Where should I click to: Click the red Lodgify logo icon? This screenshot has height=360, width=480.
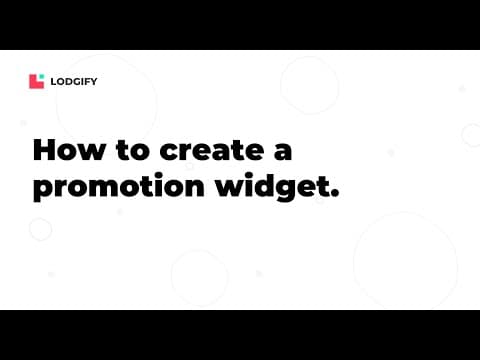(x=37, y=82)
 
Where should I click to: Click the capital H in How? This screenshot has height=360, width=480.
(x=45, y=151)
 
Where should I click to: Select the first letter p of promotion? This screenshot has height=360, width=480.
(x=43, y=190)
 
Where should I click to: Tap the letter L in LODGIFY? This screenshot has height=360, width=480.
(x=54, y=82)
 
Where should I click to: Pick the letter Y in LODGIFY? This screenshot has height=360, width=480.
(x=94, y=82)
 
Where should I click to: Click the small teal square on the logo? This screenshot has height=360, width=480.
(x=42, y=77)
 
